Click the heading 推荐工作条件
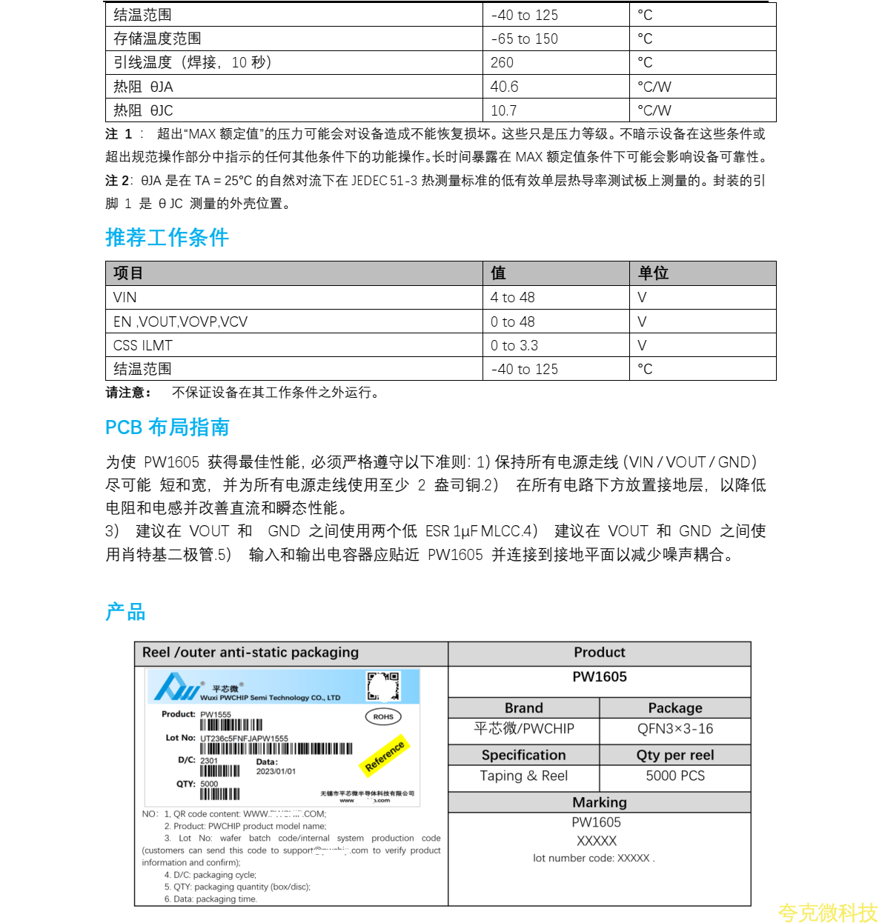click(167, 238)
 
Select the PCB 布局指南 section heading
click(167, 427)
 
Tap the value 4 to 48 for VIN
click(512, 298)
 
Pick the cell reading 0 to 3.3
click(514, 346)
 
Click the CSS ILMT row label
click(143, 346)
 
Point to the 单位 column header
click(653, 273)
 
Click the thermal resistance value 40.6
click(504, 87)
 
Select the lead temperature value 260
click(502, 63)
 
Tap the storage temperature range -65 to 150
click(524, 39)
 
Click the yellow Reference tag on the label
click(385, 756)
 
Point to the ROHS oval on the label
click(383, 716)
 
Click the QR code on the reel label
click(383, 686)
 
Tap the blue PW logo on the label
click(176, 687)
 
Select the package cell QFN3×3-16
click(674, 729)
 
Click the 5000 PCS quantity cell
click(674, 776)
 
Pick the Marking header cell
click(599, 802)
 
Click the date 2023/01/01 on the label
click(276, 771)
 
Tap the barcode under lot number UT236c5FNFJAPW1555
click(276, 749)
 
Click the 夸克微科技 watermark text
click(827, 912)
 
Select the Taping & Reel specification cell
click(523, 776)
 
